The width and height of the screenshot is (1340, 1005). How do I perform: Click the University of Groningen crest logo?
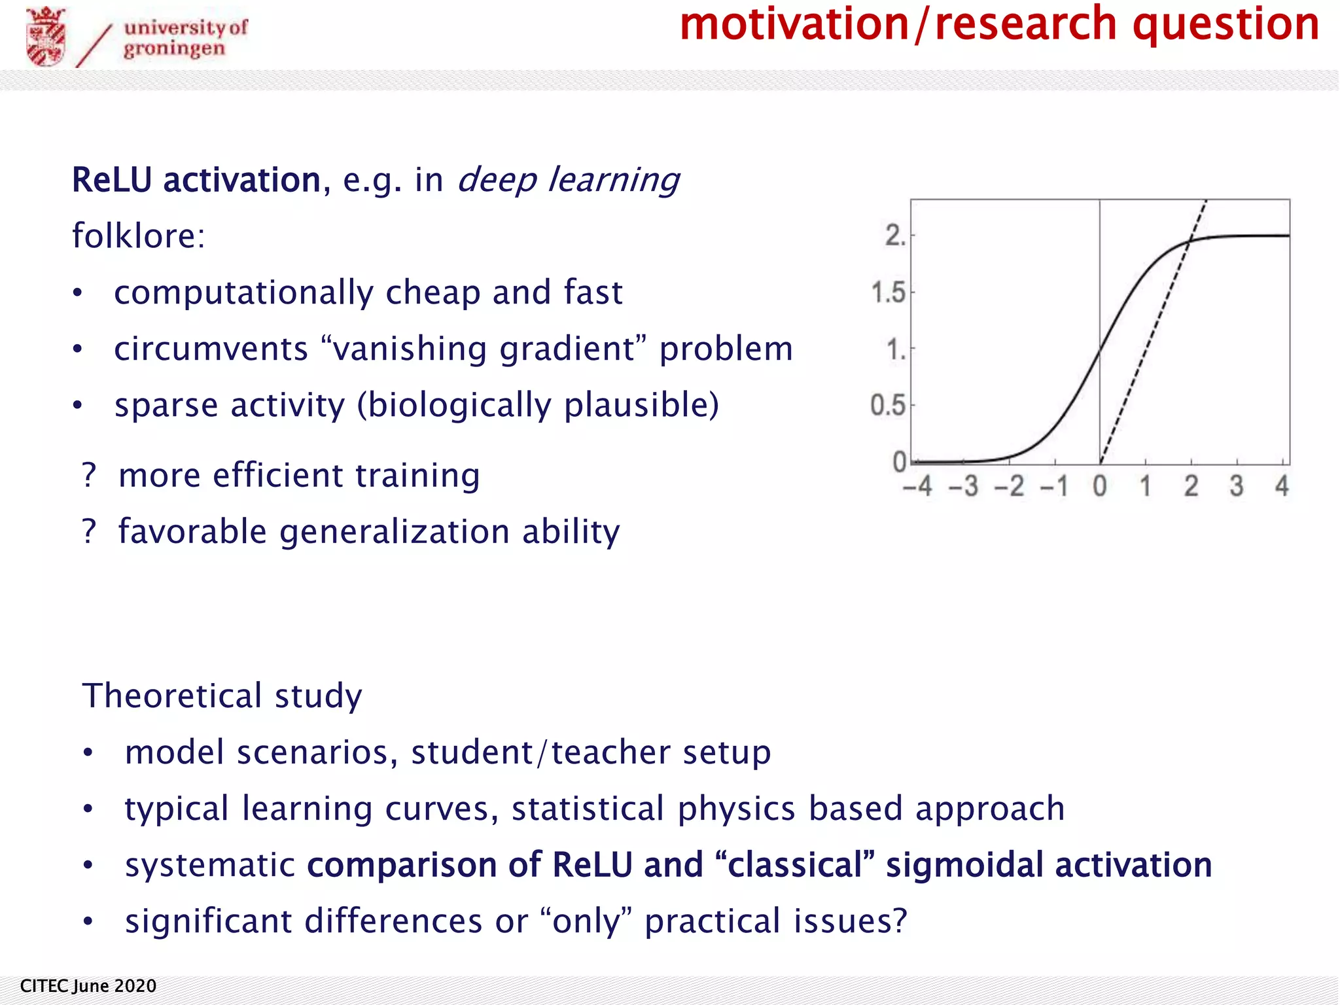tap(46, 37)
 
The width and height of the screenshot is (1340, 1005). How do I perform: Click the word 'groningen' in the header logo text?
tap(174, 49)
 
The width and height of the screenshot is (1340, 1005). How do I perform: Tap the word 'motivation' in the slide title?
tap(794, 24)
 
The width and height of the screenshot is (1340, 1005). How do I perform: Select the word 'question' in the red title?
tap(1225, 24)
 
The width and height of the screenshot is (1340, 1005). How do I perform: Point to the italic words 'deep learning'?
tap(568, 180)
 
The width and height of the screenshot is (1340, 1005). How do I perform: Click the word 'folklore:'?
tap(139, 236)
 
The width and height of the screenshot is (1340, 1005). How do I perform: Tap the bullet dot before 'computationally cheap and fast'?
tap(78, 292)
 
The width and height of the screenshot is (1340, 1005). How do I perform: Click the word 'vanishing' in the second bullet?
tap(410, 349)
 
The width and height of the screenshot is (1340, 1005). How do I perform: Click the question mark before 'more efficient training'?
tap(89, 476)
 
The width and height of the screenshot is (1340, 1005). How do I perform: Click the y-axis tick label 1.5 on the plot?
tap(889, 292)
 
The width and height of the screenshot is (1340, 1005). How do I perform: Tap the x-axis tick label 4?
tap(1282, 486)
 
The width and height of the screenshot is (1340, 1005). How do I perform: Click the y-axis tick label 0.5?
tap(888, 406)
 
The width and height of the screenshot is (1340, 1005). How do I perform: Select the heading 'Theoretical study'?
tap(222, 696)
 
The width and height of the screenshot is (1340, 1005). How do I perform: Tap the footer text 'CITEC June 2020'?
tap(88, 986)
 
